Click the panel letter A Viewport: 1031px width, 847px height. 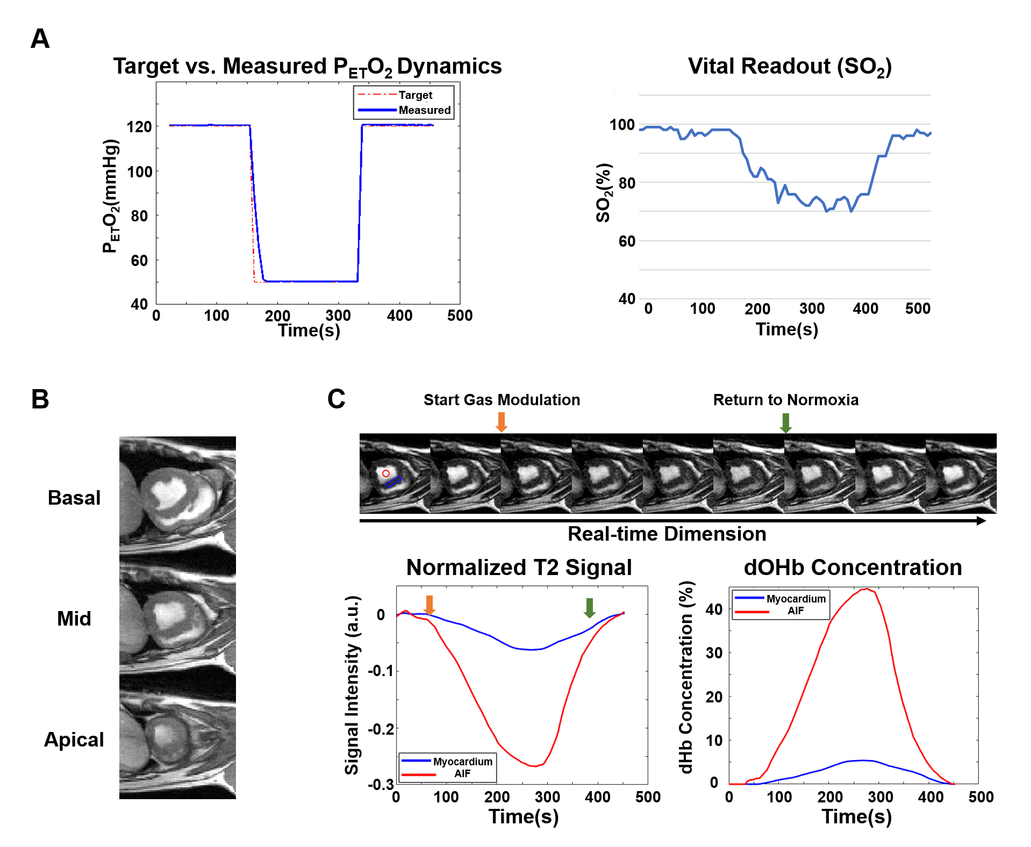40,39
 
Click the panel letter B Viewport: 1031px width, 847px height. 40,399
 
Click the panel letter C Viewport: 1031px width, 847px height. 336,399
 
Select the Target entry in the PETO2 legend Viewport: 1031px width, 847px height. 415,95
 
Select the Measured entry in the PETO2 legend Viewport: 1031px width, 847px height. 424,110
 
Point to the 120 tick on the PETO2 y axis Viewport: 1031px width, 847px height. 139,127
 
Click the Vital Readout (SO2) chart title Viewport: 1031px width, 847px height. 790,67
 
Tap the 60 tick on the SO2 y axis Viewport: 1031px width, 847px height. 627,241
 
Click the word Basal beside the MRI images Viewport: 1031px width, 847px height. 74,498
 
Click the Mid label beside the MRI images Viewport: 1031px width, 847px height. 74,619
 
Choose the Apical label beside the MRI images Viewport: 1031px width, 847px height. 74,740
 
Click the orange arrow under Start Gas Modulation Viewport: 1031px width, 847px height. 501,422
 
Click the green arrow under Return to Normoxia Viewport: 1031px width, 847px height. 785,423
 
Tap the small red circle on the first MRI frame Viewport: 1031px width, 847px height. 386,473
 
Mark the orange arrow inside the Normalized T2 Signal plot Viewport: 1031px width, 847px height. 429,605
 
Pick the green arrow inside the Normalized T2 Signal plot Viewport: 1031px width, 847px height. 589,607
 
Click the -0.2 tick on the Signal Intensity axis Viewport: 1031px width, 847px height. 381,729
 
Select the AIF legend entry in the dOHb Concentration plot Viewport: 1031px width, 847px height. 796,611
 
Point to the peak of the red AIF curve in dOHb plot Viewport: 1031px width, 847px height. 867,589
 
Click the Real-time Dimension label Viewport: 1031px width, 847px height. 667,534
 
